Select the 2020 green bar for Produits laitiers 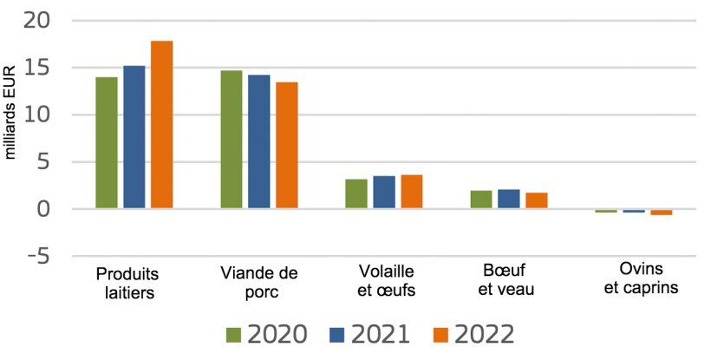107,143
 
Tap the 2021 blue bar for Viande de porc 259,142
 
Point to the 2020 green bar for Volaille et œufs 356,194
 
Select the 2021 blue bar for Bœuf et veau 509,200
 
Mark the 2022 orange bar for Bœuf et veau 537,201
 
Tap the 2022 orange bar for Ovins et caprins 662,213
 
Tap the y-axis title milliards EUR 12,115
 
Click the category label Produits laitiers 127,283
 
